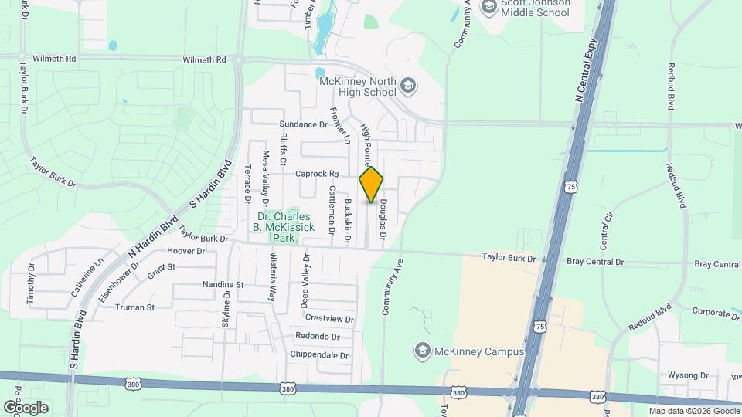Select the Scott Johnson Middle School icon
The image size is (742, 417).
coord(488,8)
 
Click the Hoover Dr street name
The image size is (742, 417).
coord(185,251)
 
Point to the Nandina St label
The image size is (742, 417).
coord(223,285)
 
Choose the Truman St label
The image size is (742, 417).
coord(135,307)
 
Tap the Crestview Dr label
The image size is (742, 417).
coord(329,318)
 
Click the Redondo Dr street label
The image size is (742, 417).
coord(318,337)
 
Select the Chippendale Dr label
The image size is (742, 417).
coord(320,355)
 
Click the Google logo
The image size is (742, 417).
coord(26,408)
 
